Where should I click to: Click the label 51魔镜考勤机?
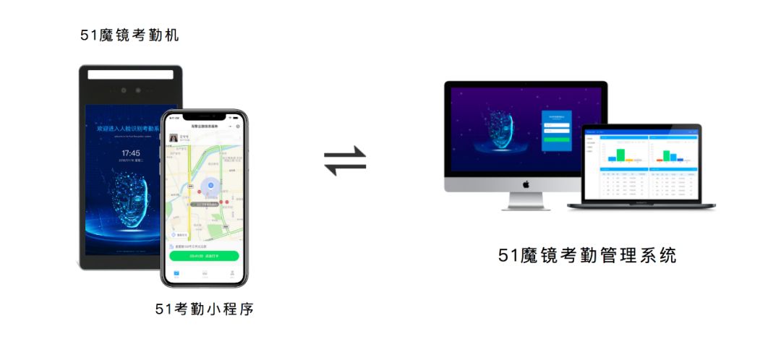[129, 35]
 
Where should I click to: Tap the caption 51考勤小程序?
[205, 309]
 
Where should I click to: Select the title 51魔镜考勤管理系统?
[587, 255]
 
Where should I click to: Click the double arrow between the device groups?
[345, 160]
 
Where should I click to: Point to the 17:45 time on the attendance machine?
[131, 153]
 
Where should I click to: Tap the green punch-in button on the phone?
[204, 255]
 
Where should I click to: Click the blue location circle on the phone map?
[210, 186]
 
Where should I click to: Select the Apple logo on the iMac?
[526, 184]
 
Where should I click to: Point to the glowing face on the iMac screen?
[499, 132]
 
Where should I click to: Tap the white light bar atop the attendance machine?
[131, 74]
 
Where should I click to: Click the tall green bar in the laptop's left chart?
[620, 155]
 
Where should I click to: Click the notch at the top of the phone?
[204, 116]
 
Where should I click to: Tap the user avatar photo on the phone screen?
[174, 137]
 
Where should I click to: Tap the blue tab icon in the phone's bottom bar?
[176, 274]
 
